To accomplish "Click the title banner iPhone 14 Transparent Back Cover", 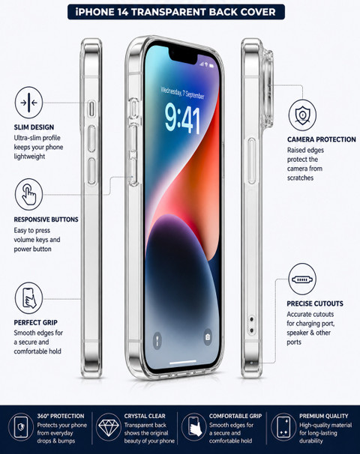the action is [x=176, y=12].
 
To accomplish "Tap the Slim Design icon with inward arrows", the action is [x=28, y=103].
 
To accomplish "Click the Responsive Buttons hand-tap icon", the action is [x=28, y=194].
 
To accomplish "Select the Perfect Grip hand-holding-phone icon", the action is [x=28, y=298].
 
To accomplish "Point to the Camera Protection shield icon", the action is [x=302, y=115].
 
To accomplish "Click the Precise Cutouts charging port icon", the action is [x=302, y=279].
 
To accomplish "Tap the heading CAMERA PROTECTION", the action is [x=322, y=139].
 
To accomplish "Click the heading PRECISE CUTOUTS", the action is [x=315, y=303].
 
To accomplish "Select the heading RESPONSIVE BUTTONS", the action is [x=46, y=220].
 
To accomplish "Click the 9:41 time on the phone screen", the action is [x=182, y=120].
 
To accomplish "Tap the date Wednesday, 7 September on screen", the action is [x=182, y=92].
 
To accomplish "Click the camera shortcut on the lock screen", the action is [x=208, y=337].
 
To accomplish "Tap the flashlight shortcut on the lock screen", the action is [x=157, y=340].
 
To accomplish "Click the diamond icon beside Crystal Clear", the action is [x=109, y=427].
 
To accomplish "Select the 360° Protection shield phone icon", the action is [x=21, y=427].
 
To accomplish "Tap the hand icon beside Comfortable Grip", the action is [x=194, y=427].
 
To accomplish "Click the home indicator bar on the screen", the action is [x=182, y=362].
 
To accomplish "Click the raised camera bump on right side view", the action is [x=267, y=89].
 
